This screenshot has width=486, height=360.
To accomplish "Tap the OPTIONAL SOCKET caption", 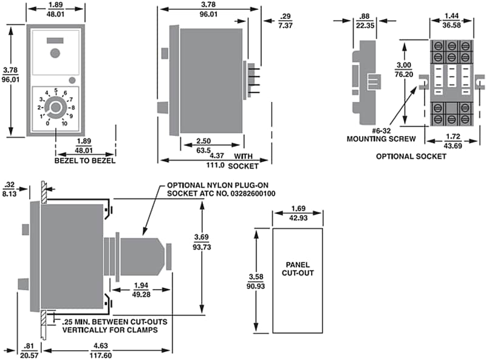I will tap(411, 156).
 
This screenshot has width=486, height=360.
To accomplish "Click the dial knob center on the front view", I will tap(56, 108).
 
